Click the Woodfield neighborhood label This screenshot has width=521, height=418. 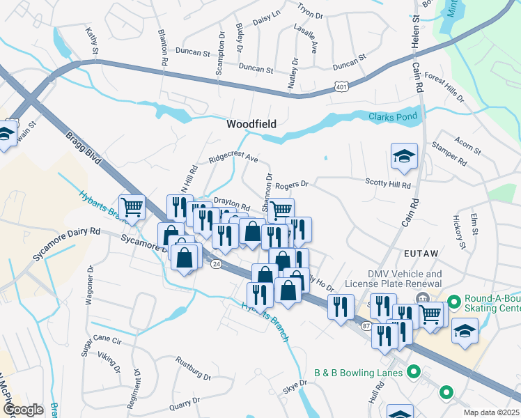pyautogui.click(x=251, y=124)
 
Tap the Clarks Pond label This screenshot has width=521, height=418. pyautogui.click(x=394, y=117)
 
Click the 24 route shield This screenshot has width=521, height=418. pyautogui.click(x=217, y=264)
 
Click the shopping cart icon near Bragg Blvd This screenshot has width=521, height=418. pyautogui.click(x=132, y=206)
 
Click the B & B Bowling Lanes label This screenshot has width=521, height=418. pyautogui.click(x=358, y=373)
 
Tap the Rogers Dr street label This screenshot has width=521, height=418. pyautogui.click(x=291, y=185)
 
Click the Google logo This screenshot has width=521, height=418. pyautogui.click(x=23, y=410)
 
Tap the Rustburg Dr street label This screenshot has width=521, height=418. pyautogui.click(x=194, y=369)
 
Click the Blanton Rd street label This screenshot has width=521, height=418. pyautogui.click(x=164, y=51)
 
